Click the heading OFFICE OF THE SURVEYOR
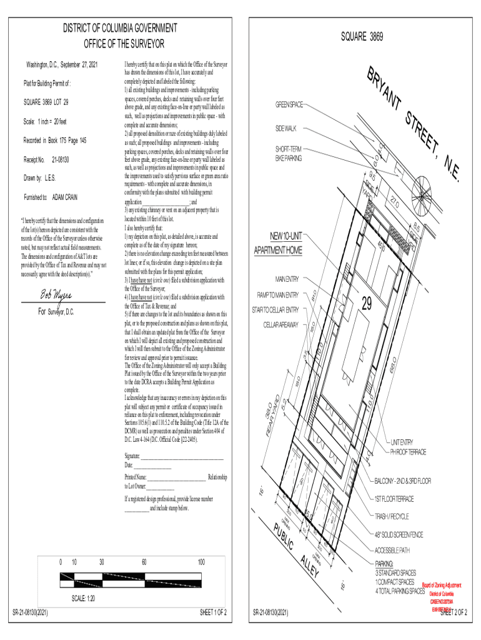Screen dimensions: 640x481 click(x=124, y=44)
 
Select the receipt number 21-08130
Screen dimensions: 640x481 click(x=60, y=160)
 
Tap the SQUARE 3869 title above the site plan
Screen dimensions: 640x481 click(x=362, y=37)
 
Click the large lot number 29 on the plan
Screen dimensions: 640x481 click(x=367, y=304)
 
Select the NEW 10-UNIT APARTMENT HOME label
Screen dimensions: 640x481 click(x=277, y=243)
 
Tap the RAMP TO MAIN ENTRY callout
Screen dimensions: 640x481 click(x=278, y=294)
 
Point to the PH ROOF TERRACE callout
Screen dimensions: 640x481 click(x=408, y=451)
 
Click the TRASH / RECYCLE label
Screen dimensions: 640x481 click(x=392, y=516)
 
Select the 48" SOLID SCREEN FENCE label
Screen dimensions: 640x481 click(x=399, y=534)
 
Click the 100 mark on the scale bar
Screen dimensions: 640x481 click(x=201, y=562)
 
